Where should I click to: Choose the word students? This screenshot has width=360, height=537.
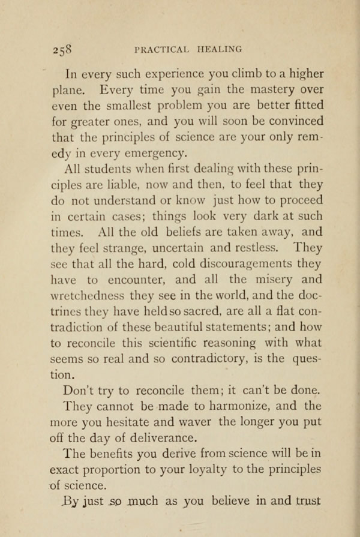(x=117, y=169)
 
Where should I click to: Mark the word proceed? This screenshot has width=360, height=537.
(x=300, y=200)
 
